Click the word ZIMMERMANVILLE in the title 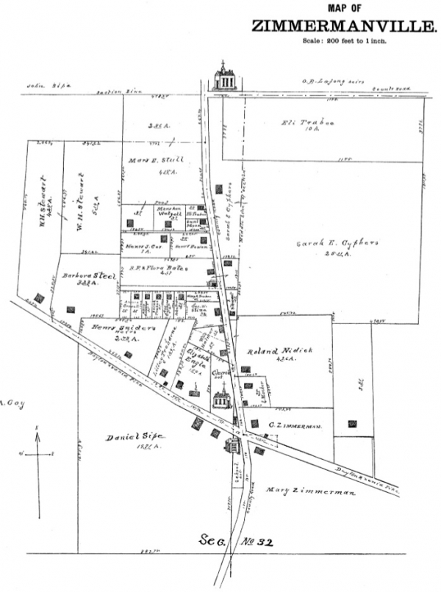(343, 26)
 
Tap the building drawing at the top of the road (224, 78)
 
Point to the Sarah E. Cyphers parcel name (323, 243)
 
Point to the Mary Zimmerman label (310, 491)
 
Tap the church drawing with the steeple (221, 397)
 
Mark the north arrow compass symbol (38, 455)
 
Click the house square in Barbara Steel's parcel (71, 309)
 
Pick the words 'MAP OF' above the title (345, 8)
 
